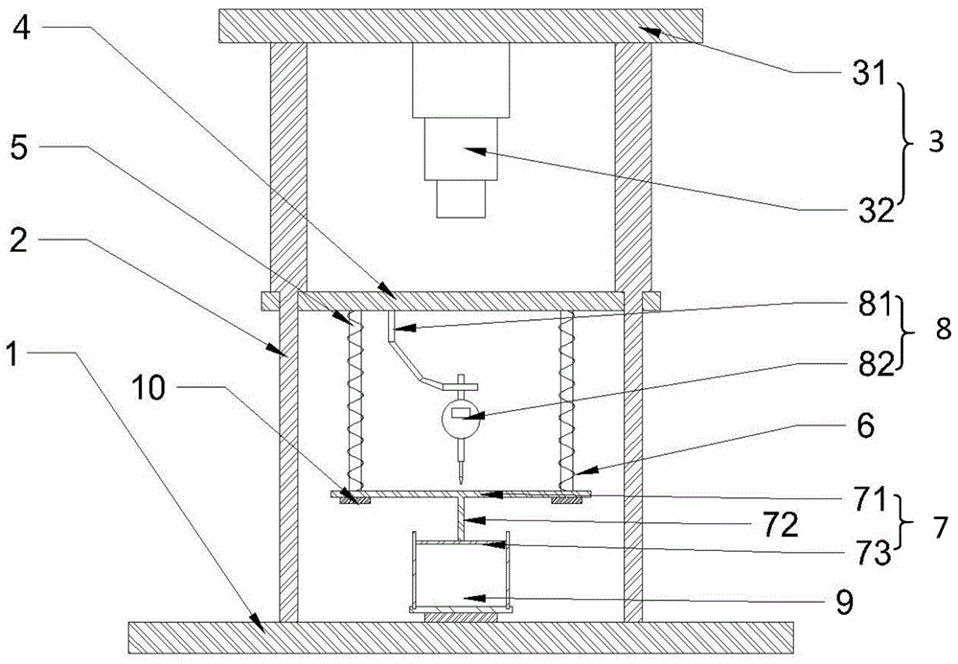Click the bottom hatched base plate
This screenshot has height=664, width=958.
(x=460, y=635)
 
